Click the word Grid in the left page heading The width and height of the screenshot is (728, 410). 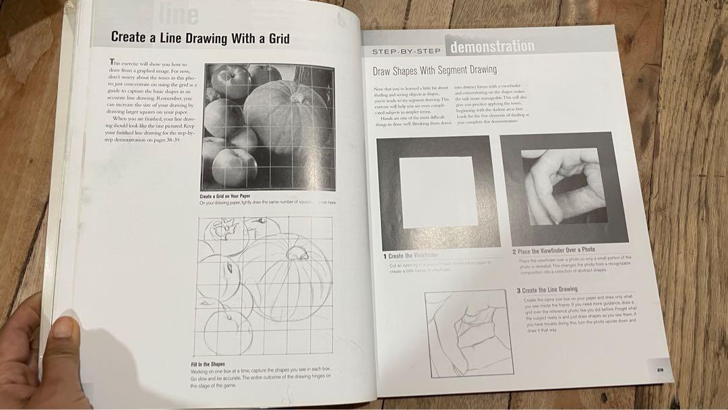(x=272, y=38)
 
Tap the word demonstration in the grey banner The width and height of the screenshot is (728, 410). (x=492, y=47)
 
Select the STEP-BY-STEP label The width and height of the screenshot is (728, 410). (x=406, y=51)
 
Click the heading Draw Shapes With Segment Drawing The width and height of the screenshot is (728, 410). (x=434, y=69)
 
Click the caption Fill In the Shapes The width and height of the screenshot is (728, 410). (x=208, y=365)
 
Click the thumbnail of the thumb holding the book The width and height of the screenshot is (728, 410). (x=65, y=328)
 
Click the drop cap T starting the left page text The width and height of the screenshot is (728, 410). (x=113, y=62)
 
